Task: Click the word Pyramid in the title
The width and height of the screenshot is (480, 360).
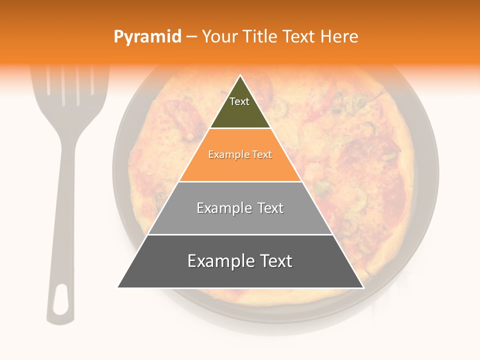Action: tap(147, 37)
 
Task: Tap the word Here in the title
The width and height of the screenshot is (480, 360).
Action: tap(339, 37)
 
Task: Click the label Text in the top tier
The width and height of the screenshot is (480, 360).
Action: tap(239, 101)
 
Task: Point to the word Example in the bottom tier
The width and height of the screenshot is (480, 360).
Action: tap(218, 261)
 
